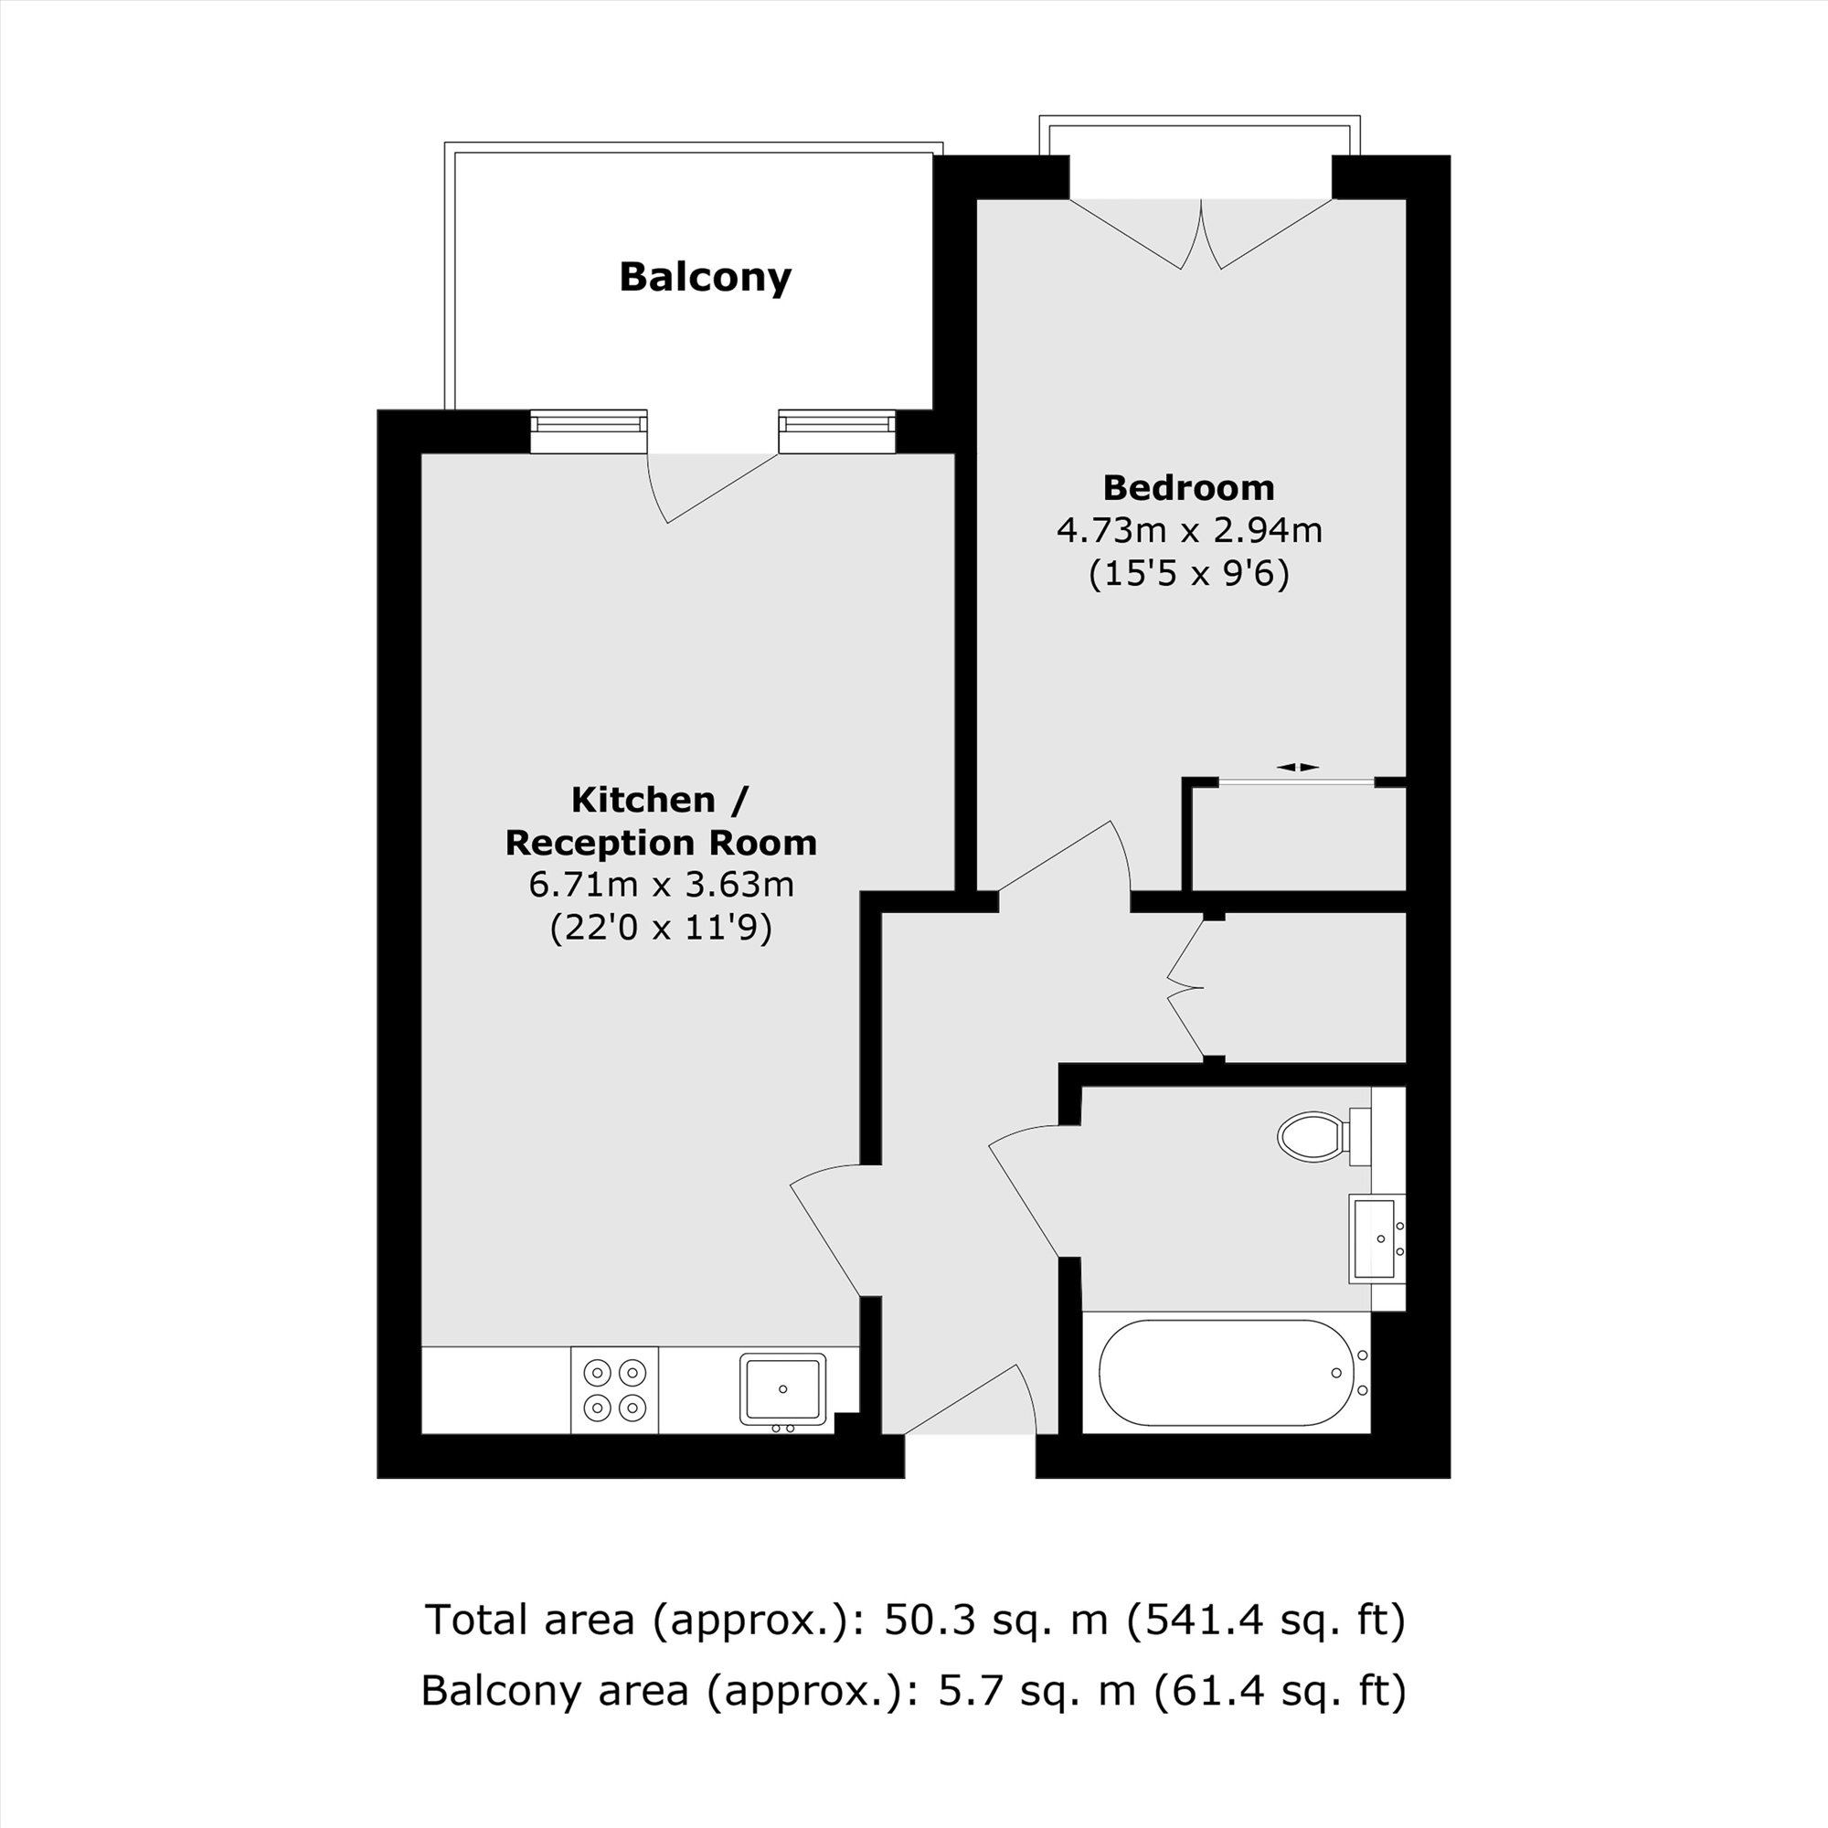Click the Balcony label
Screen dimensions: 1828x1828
tap(705, 277)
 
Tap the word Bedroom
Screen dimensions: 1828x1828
tap(1188, 488)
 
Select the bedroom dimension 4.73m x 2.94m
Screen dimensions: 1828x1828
tap(1189, 531)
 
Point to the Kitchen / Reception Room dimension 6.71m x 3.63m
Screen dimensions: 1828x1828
tap(661, 885)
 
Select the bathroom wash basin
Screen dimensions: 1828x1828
tap(1376, 1238)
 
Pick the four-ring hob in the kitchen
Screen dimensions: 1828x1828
tap(614, 1390)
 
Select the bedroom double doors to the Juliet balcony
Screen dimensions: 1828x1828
tap(1201, 234)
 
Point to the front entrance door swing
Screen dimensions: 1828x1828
tap(971, 1401)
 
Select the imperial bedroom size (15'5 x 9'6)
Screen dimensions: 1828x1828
tap(1189, 573)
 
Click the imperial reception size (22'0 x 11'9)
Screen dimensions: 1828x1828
tap(661, 927)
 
